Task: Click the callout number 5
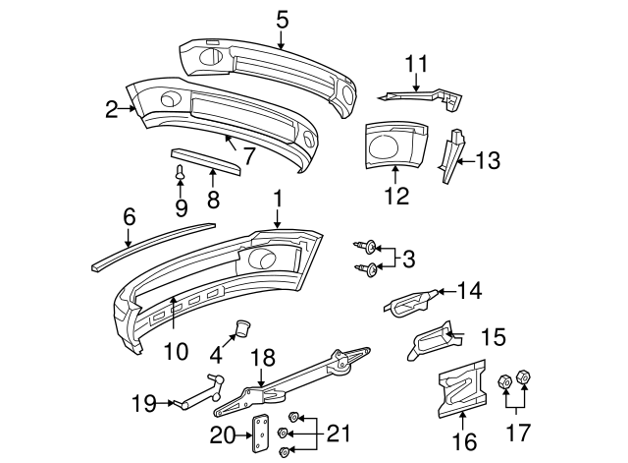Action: coord(283,18)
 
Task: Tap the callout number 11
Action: coord(418,65)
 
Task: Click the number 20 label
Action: coord(225,433)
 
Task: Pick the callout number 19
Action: coord(144,401)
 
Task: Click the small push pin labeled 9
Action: coord(181,175)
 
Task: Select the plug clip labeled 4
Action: coord(241,326)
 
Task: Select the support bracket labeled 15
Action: coord(429,343)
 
